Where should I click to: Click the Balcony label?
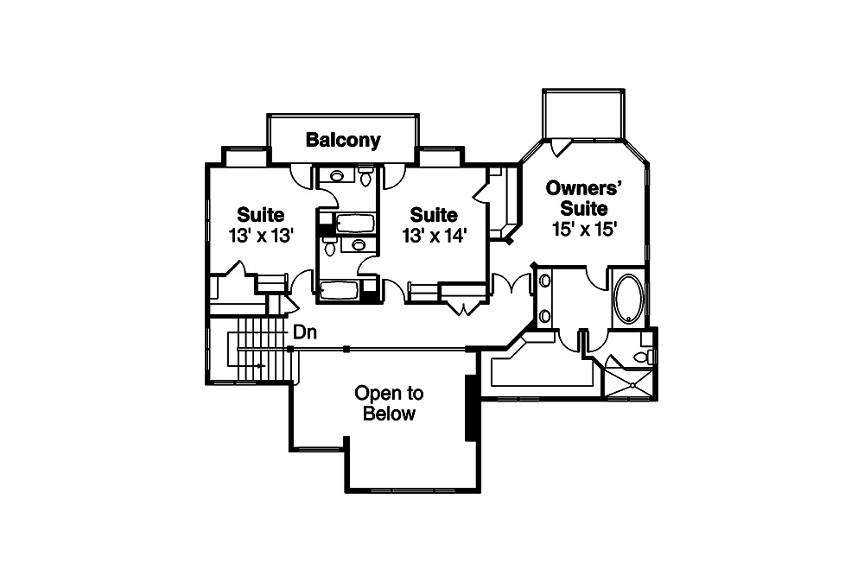343,140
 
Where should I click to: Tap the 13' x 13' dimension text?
262,235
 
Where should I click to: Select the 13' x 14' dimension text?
434,235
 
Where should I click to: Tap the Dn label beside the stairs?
303,332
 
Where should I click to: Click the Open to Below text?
389,403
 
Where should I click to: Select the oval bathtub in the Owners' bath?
628,299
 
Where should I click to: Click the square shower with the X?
627,380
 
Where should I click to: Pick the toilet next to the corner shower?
643,357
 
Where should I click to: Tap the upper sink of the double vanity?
545,281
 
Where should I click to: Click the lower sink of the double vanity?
545,315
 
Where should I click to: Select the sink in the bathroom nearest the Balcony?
338,176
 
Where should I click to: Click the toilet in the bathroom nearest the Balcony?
365,179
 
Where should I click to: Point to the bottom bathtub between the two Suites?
340,290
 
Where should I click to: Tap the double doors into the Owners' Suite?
511,283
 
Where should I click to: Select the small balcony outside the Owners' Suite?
583,113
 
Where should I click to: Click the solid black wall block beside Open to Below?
473,408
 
